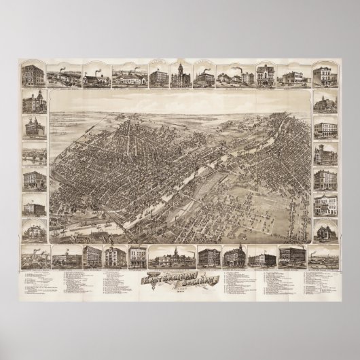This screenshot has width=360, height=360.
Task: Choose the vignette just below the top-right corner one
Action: tap(325, 105)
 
